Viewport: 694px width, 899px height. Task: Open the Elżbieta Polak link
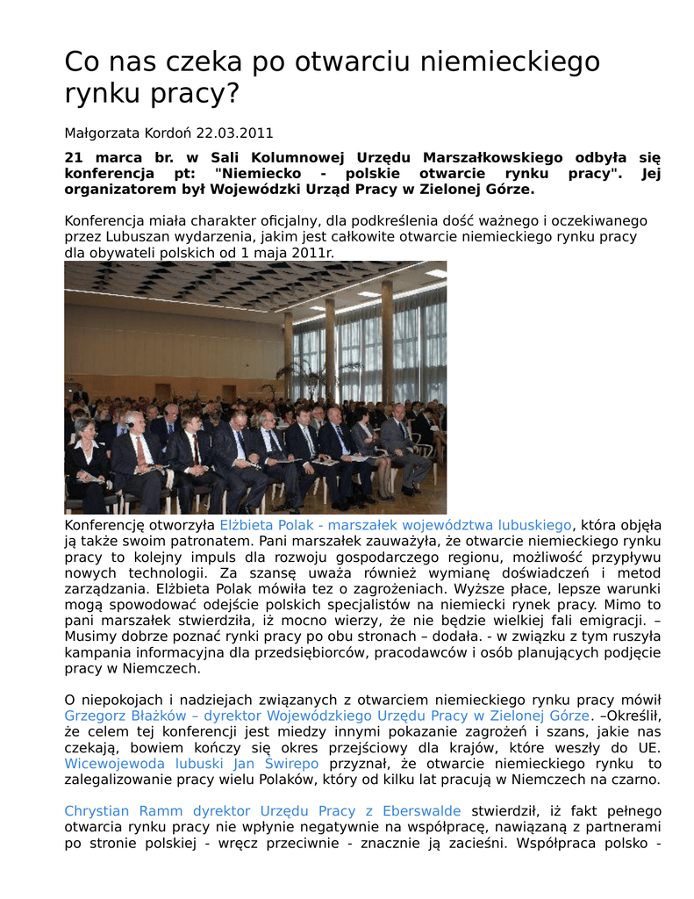pyautogui.click(x=395, y=525)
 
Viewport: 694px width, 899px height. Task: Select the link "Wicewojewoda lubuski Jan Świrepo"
pyautogui.click(x=191, y=763)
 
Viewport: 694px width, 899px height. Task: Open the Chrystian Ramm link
pyautogui.click(x=262, y=810)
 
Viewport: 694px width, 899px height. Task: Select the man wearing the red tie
pyautogui.click(x=136, y=452)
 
